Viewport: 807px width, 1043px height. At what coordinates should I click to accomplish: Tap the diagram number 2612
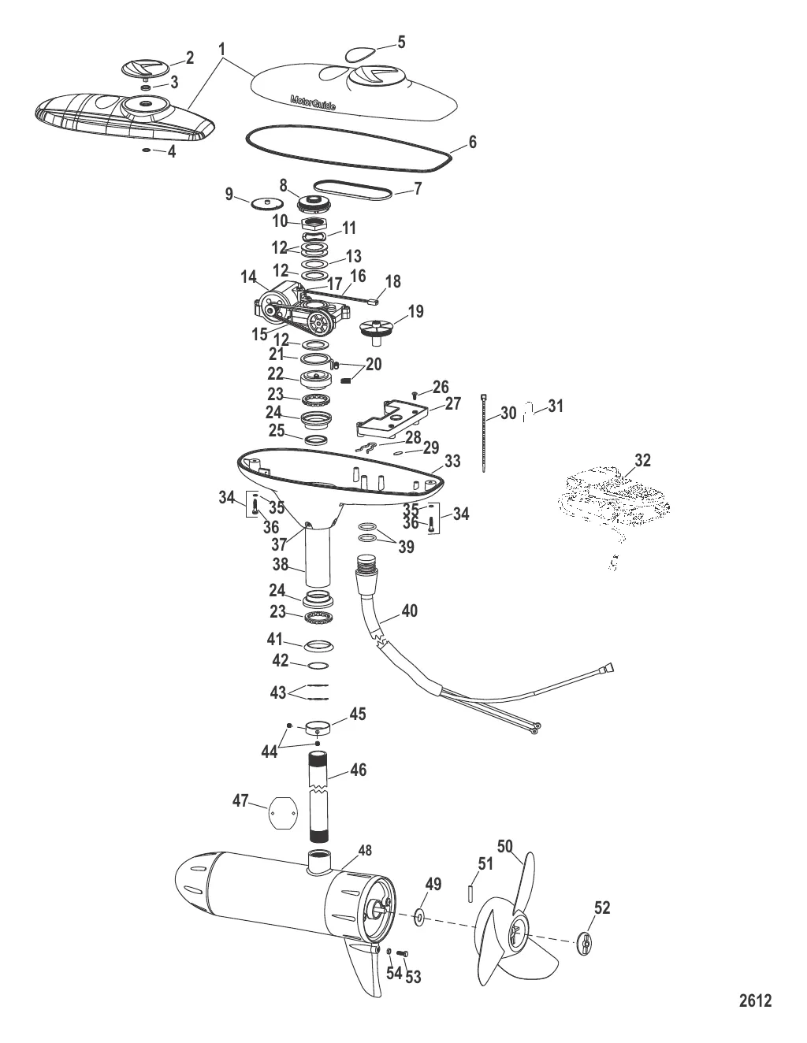755,1002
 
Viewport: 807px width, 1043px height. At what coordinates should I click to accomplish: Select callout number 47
240,801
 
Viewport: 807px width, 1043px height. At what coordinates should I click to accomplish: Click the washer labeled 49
418,916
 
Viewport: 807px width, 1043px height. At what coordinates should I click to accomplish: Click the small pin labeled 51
470,893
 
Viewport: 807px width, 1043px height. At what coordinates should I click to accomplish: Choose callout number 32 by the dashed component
643,460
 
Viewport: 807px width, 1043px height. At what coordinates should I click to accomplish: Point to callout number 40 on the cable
409,611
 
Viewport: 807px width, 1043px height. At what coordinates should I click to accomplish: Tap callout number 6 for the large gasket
472,143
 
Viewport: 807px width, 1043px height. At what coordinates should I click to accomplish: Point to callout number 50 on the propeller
504,846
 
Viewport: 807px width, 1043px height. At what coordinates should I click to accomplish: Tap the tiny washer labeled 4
147,150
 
